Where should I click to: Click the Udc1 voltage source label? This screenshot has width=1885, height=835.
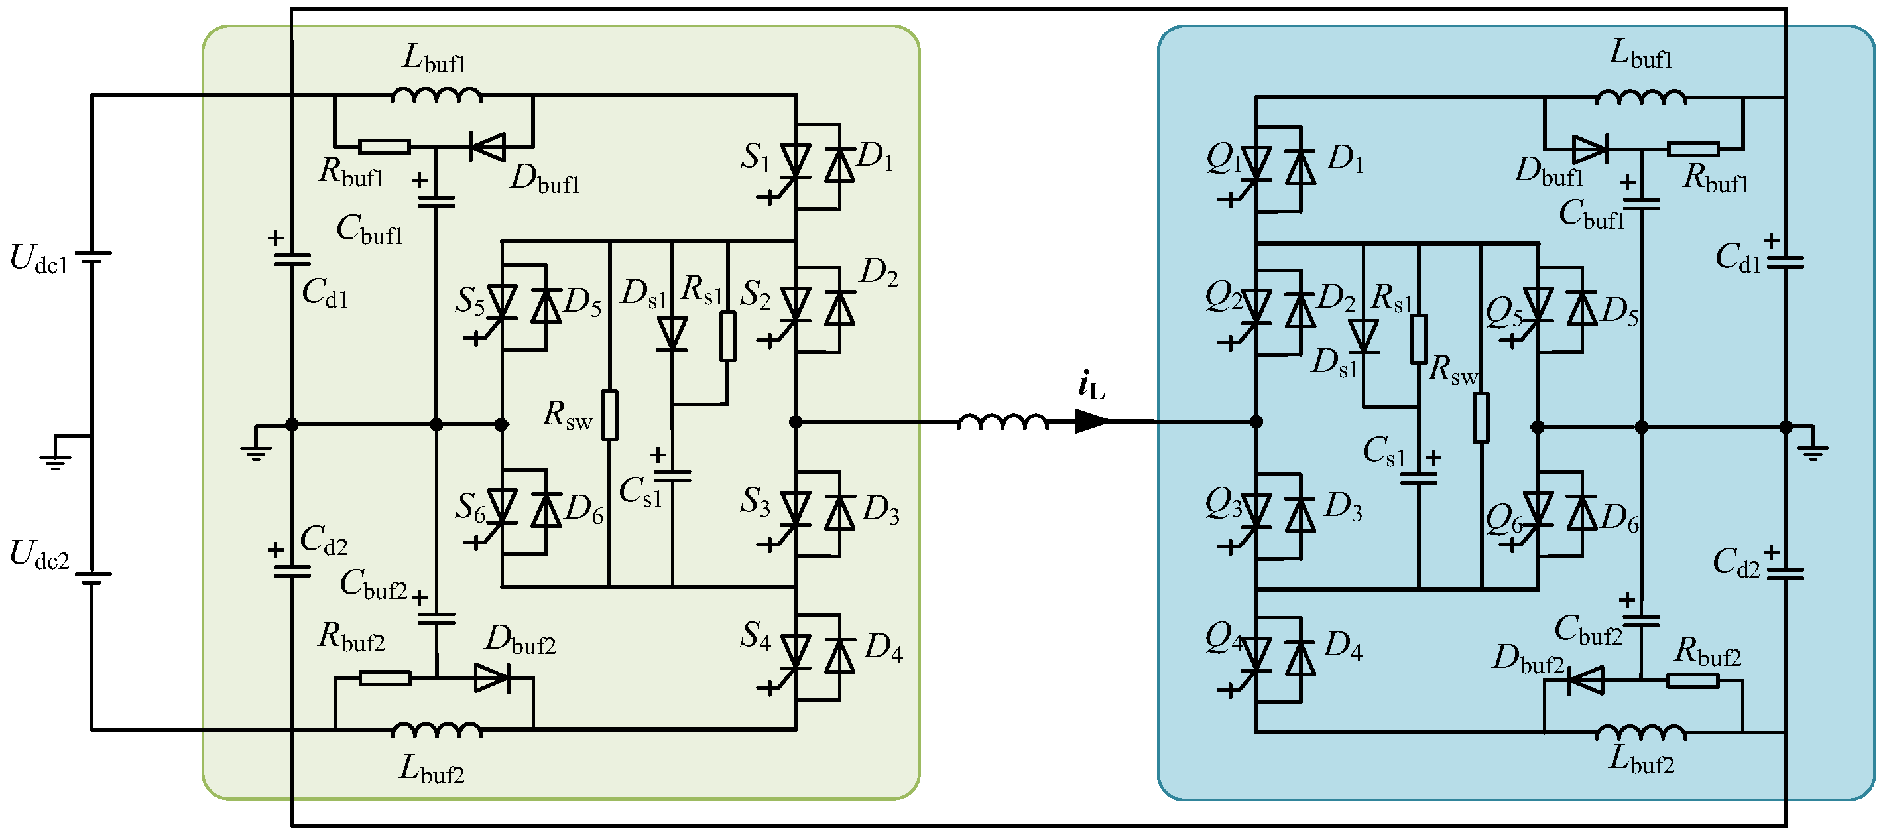40,261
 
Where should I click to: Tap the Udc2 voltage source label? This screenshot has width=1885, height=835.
40,556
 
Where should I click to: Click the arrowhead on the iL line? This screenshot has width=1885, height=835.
1092,422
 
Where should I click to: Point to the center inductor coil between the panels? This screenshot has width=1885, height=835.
1003,422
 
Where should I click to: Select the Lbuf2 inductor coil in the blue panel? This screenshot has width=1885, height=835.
1640,732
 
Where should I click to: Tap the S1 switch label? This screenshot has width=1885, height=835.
755,157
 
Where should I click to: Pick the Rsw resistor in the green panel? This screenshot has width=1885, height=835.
609,416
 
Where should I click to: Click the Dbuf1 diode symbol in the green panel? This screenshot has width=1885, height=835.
488,147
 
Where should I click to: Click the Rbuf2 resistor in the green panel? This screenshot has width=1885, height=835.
385,679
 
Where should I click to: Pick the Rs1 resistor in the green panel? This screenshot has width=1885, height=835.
727,337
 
